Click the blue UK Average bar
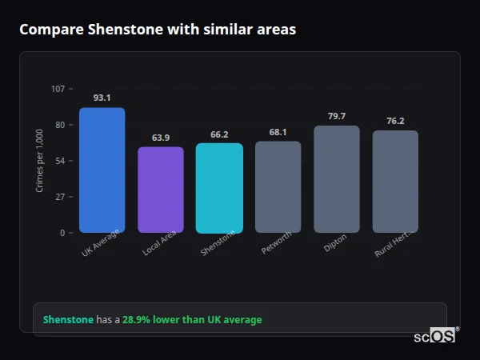pyautogui.click(x=102, y=170)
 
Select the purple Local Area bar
pyautogui.click(x=161, y=190)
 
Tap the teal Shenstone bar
pyautogui.click(x=219, y=188)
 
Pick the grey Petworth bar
pyautogui.click(x=278, y=187)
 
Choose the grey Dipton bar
pyautogui.click(x=337, y=179)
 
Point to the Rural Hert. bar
pyautogui.click(x=395, y=182)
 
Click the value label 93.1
pyautogui.click(x=102, y=98)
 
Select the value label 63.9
pyautogui.click(x=161, y=138)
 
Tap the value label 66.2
pyautogui.click(x=219, y=134)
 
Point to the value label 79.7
pyautogui.click(x=337, y=116)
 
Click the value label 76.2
pyautogui.click(x=395, y=121)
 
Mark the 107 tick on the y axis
pyautogui.click(x=58, y=89)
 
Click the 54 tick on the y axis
pyautogui.click(x=61, y=161)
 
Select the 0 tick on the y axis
pyautogui.click(x=63, y=233)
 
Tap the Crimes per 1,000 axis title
pyautogui.click(x=40, y=161)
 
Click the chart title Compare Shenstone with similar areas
pyautogui.click(x=158, y=30)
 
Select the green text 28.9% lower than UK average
pyautogui.click(x=192, y=320)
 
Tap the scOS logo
pyautogui.click(x=435, y=337)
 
